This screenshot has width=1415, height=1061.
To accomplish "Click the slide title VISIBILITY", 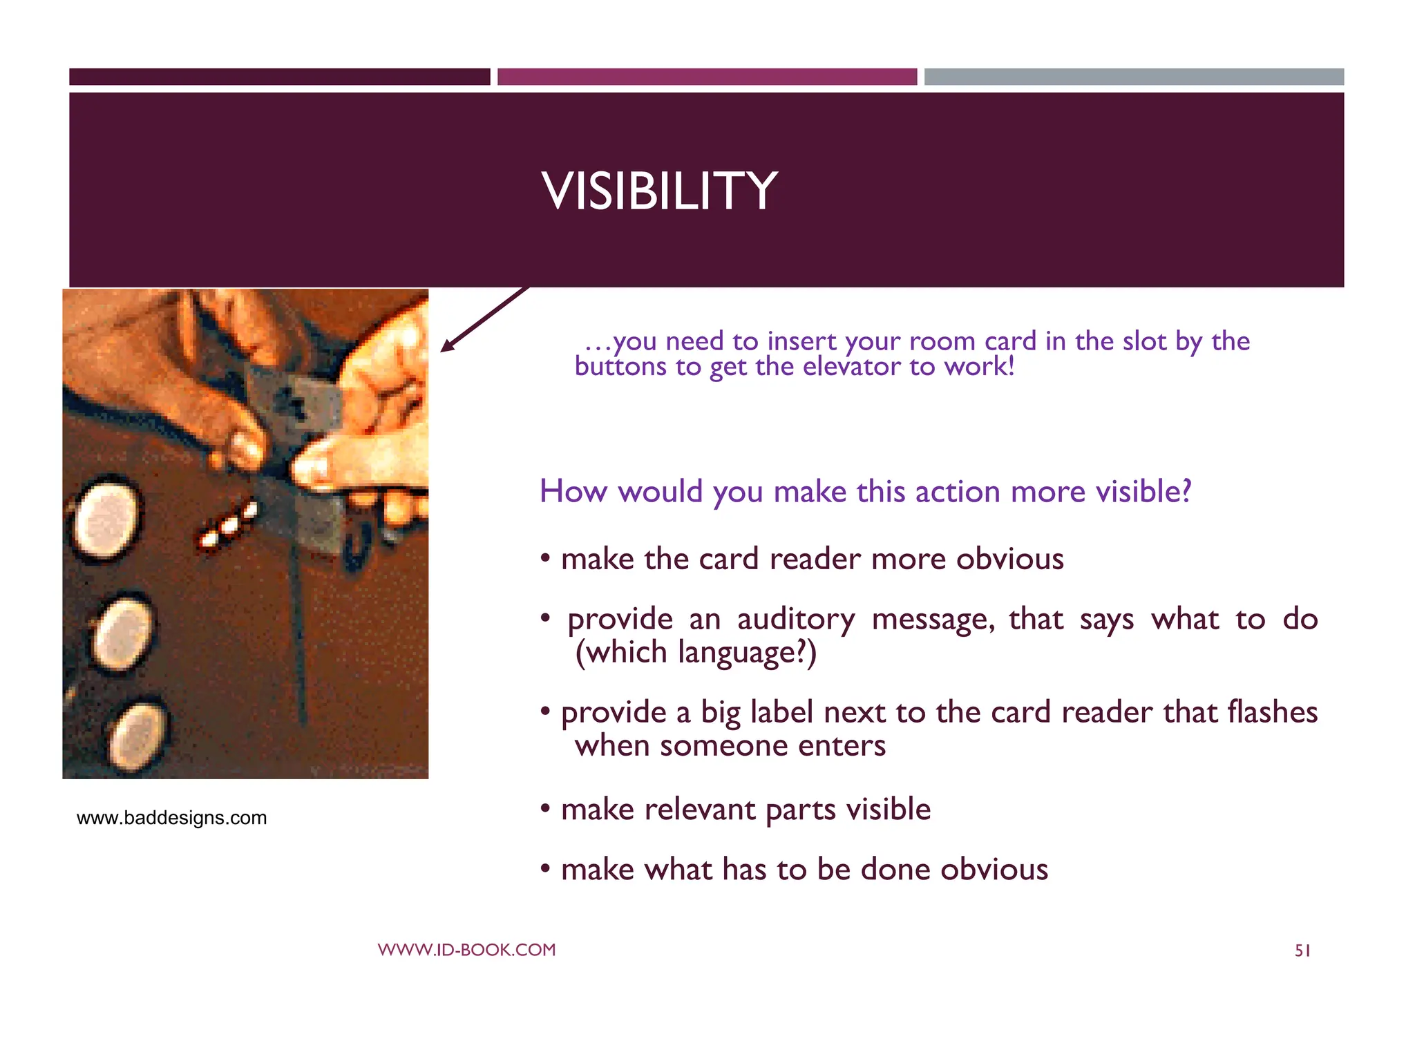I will (660, 191).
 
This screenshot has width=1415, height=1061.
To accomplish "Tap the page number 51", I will (1302, 951).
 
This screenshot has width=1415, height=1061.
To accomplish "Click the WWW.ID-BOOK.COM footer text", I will (466, 950).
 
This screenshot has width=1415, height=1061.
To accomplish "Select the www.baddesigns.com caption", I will (171, 818).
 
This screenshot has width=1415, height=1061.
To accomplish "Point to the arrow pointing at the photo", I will (484, 319).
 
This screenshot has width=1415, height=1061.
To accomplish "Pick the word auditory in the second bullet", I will (795, 619).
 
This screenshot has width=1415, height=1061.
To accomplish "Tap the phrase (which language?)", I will (696, 653).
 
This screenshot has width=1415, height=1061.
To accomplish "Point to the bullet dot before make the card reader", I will (545, 557).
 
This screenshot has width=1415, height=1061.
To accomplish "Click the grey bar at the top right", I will (1134, 77).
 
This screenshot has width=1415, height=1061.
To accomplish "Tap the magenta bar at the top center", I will (707, 77).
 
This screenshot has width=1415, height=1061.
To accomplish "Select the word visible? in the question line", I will (1143, 492).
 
